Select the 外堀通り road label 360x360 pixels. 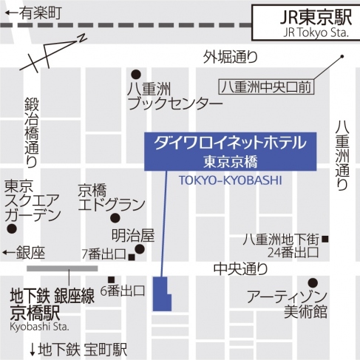tap(231, 55)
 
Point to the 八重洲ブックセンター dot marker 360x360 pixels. tap(136, 74)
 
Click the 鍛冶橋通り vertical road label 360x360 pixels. tap(32, 131)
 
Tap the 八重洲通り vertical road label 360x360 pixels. tap(342, 155)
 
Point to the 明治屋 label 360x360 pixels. tap(133, 235)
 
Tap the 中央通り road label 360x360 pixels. tap(234, 267)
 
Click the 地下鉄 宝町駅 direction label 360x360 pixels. tap(78, 348)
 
